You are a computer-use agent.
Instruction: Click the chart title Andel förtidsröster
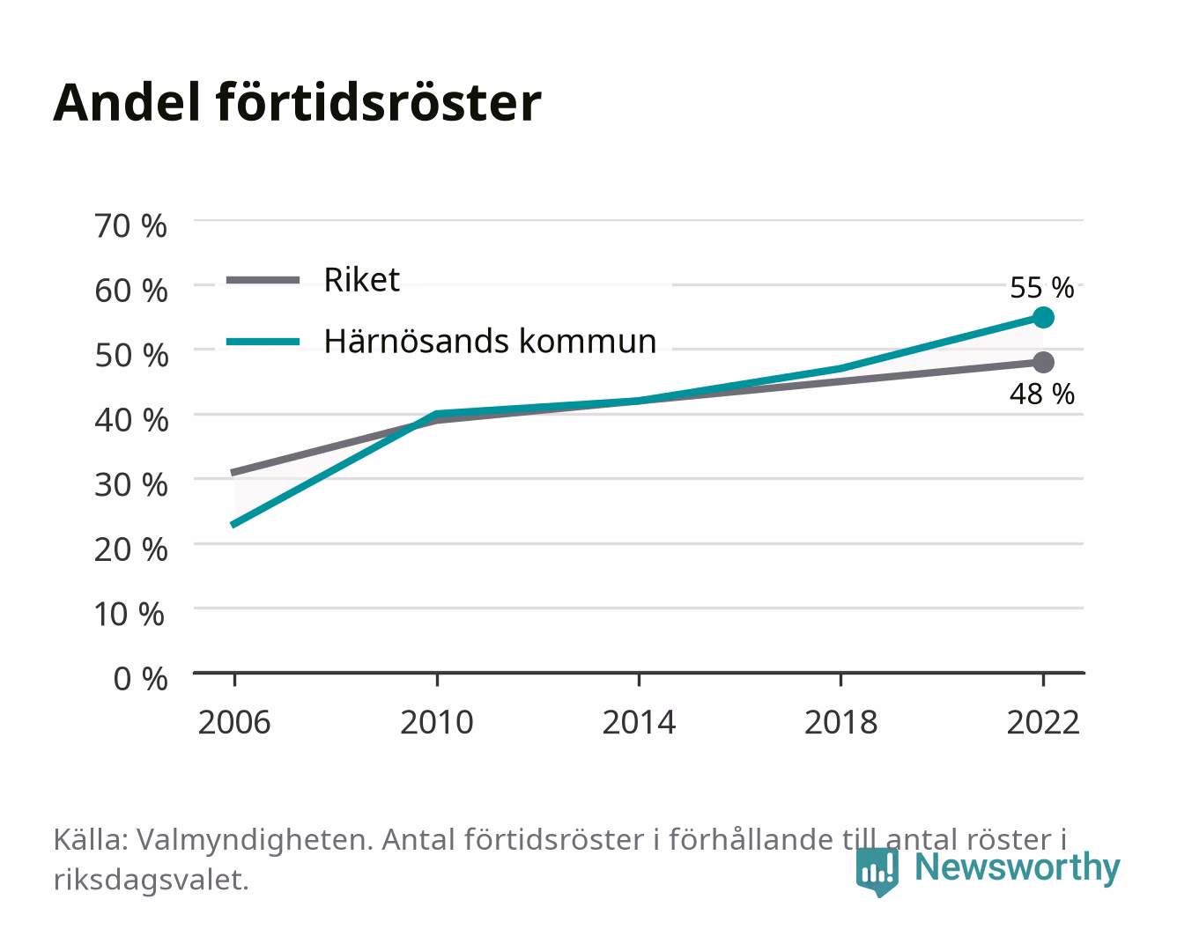click(x=297, y=103)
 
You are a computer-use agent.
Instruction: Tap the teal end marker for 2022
click(x=1043, y=318)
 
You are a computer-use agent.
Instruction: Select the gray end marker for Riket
click(x=1043, y=362)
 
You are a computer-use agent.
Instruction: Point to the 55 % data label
click(x=1041, y=288)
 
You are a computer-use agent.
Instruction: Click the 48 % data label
click(x=1041, y=394)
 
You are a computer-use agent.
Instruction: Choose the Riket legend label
click(x=362, y=279)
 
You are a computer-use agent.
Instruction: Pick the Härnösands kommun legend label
click(x=490, y=342)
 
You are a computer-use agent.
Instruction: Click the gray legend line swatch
click(x=263, y=280)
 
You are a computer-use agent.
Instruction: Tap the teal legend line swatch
click(x=263, y=342)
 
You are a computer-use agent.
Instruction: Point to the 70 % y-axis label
click(x=130, y=226)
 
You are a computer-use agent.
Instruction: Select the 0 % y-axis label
click(x=140, y=679)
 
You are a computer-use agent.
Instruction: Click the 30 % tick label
click(x=131, y=485)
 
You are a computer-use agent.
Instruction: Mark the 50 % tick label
click(x=131, y=355)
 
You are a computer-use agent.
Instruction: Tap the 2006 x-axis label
click(x=234, y=722)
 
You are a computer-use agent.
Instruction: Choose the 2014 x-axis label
click(x=639, y=722)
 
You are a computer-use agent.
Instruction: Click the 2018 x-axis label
click(x=840, y=722)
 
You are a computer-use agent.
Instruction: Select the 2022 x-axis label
click(x=1043, y=722)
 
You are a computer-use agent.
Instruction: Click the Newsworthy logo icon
click(x=877, y=872)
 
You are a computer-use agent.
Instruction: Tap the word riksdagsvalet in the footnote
click(x=151, y=879)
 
